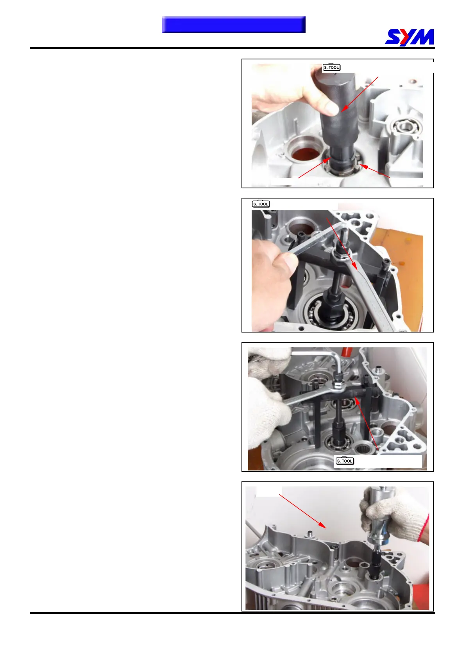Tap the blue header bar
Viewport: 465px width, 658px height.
coord(234,25)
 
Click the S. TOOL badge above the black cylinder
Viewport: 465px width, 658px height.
coord(331,67)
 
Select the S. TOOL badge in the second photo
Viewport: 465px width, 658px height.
coord(261,204)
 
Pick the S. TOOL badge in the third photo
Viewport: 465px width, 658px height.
coord(345,461)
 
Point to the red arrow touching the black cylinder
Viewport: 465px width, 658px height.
coord(360,94)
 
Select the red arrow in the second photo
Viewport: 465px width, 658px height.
coord(342,243)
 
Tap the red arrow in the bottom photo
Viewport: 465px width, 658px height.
coord(302,511)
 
